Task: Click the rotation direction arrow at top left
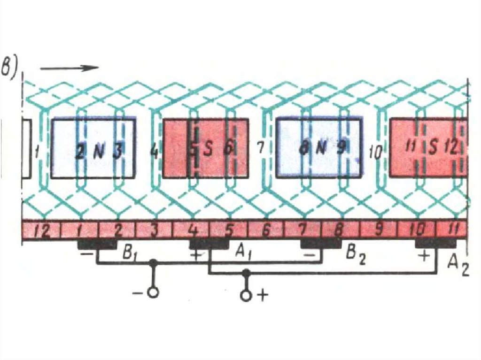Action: point(69,68)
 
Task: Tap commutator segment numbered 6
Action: point(266,231)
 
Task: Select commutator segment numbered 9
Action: point(379,231)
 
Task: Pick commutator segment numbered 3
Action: point(154,231)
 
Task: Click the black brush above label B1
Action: point(97,244)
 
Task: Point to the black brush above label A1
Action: point(209,244)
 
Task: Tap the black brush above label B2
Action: point(321,244)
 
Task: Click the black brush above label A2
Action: point(435,244)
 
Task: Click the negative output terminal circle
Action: point(152,292)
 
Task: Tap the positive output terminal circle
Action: point(246,295)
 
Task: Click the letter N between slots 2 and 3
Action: point(99,151)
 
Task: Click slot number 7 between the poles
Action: point(262,147)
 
